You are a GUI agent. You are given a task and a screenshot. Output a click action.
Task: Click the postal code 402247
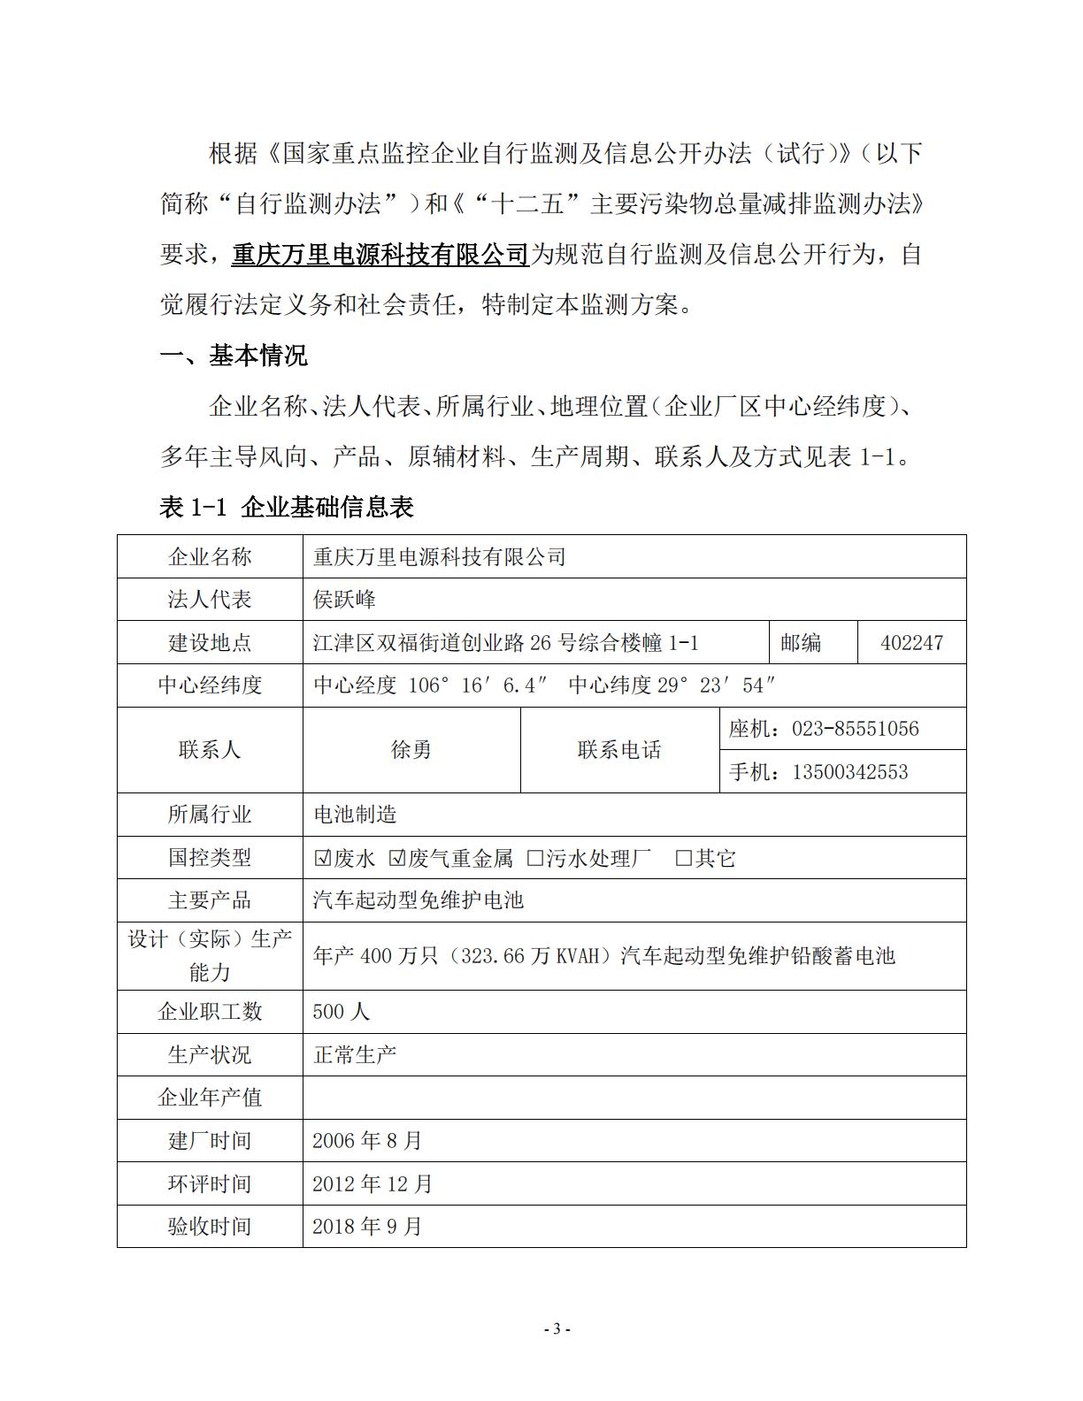(x=911, y=643)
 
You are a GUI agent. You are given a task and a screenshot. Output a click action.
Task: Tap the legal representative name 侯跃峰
(x=344, y=600)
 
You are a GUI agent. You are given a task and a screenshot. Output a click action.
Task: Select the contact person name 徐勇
(x=411, y=750)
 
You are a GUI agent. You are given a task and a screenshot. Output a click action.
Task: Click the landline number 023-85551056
(x=855, y=729)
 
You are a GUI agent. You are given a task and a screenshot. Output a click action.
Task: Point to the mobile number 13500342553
(x=849, y=772)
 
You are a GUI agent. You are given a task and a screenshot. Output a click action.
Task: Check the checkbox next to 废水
(x=322, y=858)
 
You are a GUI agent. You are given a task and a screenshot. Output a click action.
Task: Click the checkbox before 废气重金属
(x=396, y=858)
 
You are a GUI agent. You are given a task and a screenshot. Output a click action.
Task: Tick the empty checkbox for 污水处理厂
(x=534, y=858)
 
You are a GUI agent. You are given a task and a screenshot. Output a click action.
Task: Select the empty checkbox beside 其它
(x=683, y=858)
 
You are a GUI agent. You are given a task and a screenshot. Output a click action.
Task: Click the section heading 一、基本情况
(x=234, y=356)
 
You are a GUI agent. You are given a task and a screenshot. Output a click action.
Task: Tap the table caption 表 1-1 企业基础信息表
(x=287, y=507)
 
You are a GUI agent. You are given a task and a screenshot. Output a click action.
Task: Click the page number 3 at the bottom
(x=557, y=1328)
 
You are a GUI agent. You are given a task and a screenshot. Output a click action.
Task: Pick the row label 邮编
(x=801, y=643)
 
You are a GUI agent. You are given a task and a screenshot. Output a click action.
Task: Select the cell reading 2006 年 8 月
(x=367, y=1140)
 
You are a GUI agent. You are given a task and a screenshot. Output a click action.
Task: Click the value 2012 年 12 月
(x=373, y=1183)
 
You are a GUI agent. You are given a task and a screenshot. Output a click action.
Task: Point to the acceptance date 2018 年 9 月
(x=367, y=1226)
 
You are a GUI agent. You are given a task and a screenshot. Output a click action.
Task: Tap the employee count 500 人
(x=342, y=1011)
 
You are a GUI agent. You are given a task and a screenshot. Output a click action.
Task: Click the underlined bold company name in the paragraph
(x=380, y=255)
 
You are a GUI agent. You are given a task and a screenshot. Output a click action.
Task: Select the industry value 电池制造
(x=356, y=815)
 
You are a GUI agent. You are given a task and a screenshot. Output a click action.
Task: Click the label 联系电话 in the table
(x=619, y=750)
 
